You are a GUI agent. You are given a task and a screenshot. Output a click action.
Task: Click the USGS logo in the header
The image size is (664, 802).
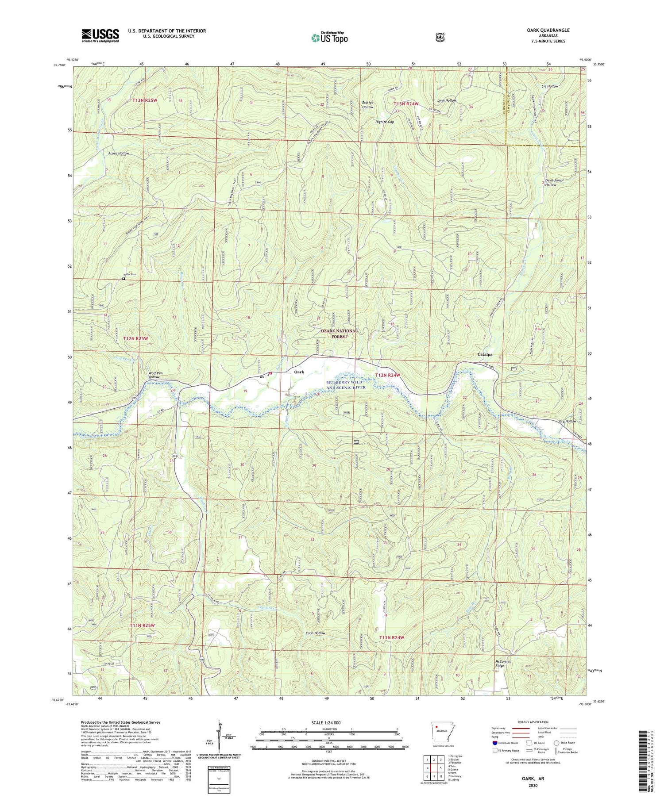(100, 35)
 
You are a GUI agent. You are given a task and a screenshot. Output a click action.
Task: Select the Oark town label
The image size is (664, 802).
(299, 372)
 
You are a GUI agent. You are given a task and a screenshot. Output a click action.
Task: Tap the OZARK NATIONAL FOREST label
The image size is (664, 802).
(340, 334)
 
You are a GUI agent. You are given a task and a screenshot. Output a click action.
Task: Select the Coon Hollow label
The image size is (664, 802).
(315, 633)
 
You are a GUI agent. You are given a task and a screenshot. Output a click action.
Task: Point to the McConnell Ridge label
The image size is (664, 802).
(503, 664)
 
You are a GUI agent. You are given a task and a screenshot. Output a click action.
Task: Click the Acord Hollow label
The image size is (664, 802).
(119, 153)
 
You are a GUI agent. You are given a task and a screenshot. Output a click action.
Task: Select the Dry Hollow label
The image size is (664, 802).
(567, 421)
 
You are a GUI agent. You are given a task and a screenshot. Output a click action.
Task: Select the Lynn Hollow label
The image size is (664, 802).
(447, 100)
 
